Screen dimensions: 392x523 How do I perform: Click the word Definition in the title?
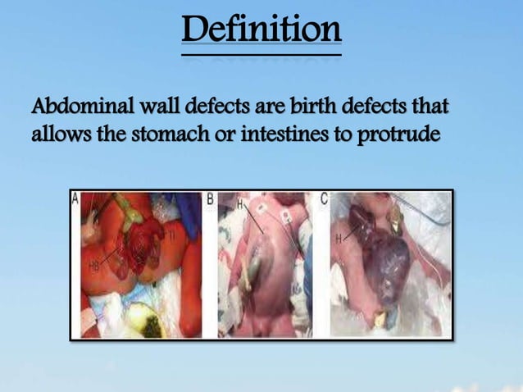[261, 30]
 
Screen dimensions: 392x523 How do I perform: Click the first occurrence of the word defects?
[207, 107]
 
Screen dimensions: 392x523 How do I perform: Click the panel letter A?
[76, 198]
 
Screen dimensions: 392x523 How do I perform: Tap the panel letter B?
[211, 199]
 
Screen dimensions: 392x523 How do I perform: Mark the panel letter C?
[325, 199]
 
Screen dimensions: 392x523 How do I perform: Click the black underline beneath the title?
[261, 55]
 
